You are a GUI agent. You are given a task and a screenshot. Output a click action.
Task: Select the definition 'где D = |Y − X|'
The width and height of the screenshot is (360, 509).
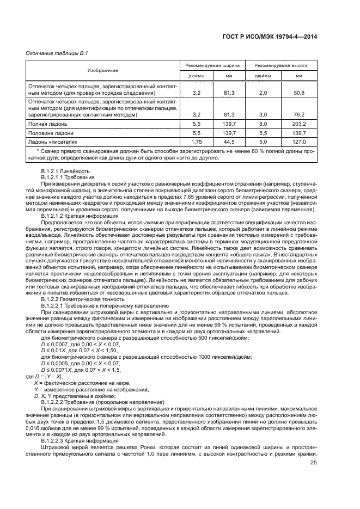point(45,376)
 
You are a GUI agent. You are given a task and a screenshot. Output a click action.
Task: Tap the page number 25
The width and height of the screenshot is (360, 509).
point(313,463)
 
